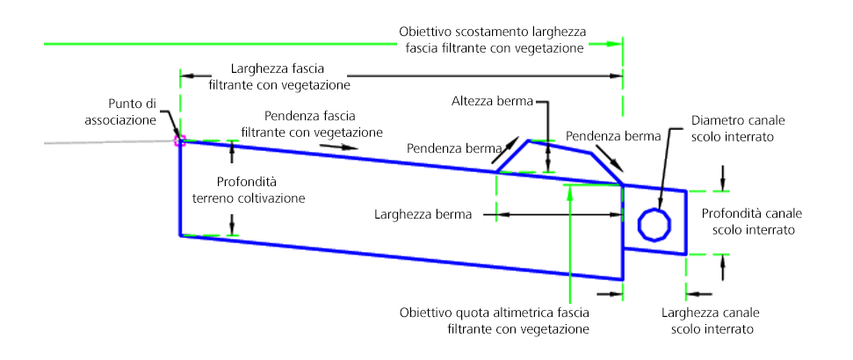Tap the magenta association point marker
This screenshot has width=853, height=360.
[179, 141]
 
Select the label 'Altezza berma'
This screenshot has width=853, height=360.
[491, 101]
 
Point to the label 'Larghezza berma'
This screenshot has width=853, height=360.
[423, 214]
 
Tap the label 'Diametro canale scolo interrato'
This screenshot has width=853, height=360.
[733, 128]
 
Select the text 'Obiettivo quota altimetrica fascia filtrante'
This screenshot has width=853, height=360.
[495, 320]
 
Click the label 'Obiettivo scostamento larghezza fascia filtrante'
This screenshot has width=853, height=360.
[492, 40]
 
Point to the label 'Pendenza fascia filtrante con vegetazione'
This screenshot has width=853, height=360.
[312, 124]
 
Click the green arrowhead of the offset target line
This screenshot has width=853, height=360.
[615, 44]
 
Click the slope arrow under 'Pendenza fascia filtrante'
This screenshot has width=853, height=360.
[339, 147]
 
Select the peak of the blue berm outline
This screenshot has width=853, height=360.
[528, 140]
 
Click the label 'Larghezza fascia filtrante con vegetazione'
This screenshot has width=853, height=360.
[279, 77]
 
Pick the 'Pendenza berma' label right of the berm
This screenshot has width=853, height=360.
[613, 136]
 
